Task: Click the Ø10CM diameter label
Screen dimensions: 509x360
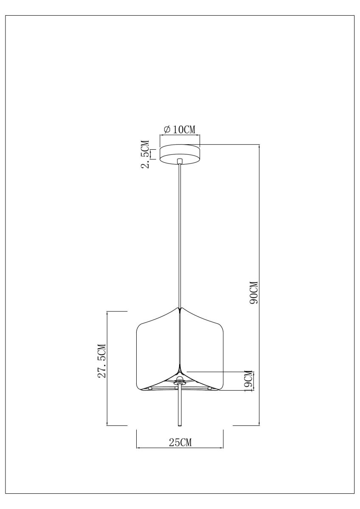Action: [x=180, y=129]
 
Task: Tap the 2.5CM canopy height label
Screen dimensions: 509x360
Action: [x=145, y=154]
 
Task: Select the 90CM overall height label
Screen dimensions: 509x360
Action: [x=254, y=292]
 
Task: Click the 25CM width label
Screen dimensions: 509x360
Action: [x=180, y=442]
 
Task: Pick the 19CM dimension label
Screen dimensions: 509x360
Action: [x=249, y=380]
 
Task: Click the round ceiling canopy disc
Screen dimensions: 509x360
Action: [x=180, y=154]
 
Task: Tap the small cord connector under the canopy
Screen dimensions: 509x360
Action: [x=180, y=161]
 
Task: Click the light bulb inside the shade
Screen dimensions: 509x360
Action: [x=180, y=379]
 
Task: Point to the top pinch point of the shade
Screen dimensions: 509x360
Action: [x=180, y=309]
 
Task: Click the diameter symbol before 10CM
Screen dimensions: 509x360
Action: [x=167, y=129]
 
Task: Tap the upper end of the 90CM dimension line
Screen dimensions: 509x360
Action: [x=259, y=145]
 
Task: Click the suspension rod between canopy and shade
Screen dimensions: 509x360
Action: [x=180, y=233]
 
